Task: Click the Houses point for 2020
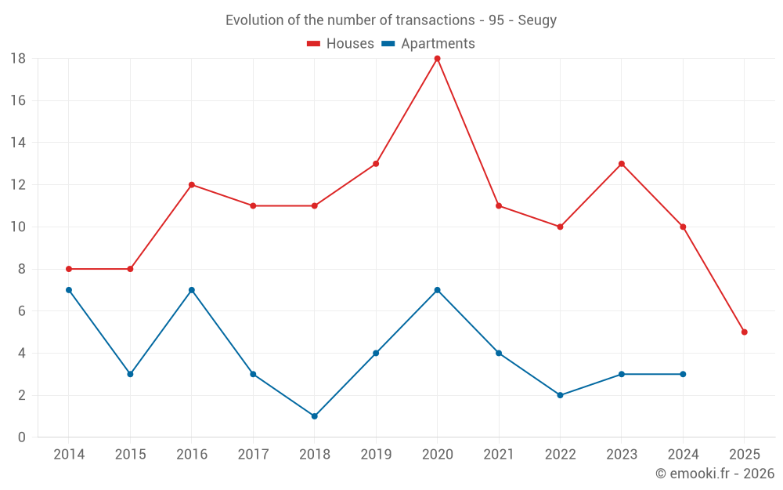[x=437, y=59]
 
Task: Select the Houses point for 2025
[x=744, y=332]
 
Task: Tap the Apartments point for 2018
[x=314, y=416]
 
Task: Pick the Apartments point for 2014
[x=69, y=290]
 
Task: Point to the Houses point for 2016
[x=192, y=185]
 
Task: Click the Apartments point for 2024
[x=683, y=374]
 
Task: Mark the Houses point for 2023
[x=622, y=164]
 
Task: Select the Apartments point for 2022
[x=560, y=395]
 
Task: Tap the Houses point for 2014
[x=69, y=269]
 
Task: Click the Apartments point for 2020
[x=437, y=290]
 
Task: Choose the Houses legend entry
[x=341, y=44]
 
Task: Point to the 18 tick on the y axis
[x=18, y=59]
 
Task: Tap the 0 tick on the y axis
[x=22, y=437]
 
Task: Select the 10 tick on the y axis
[x=18, y=227]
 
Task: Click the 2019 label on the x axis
[x=376, y=455]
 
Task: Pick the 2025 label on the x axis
[x=744, y=455]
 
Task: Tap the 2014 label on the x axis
[x=69, y=455]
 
